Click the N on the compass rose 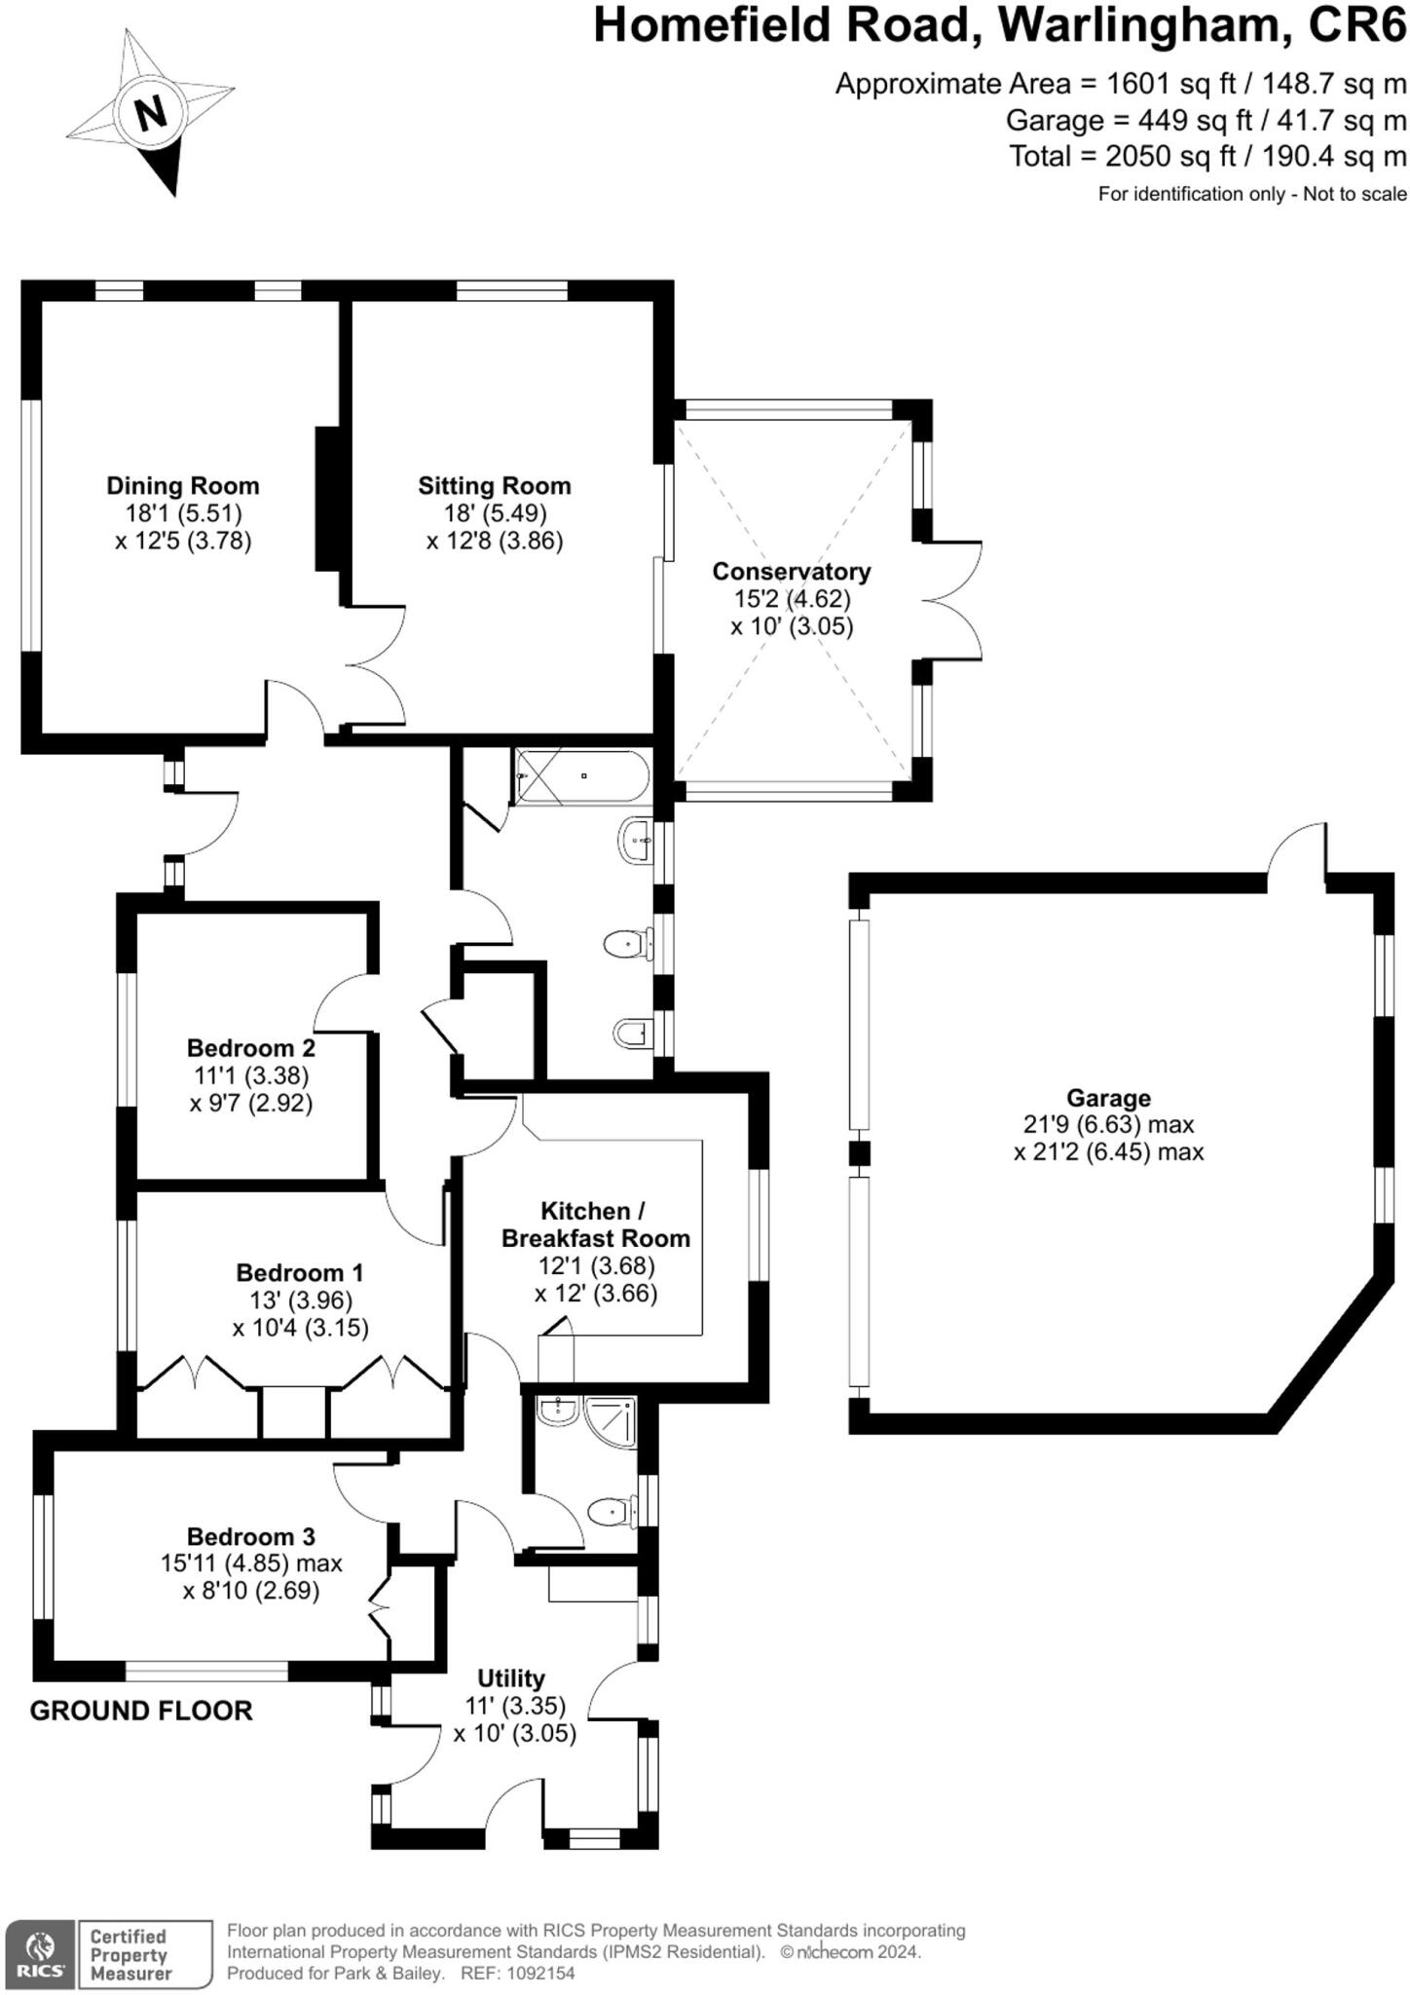pyautogui.click(x=151, y=115)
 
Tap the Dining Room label pyautogui.click(x=183, y=485)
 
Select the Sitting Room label pyautogui.click(x=495, y=485)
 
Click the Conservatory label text pyautogui.click(x=791, y=571)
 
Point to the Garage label pyautogui.click(x=1108, y=1098)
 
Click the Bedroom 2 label pyautogui.click(x=251, y=1048)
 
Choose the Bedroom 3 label pyautogui.click(x=251, y=1536)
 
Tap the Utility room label pyautogui.click(x=510, y=1678)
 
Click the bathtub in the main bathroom pyautogui.click(x=582, y=776)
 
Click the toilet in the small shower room pyautogui.click(x=611, y=1511)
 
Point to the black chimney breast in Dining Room pyautogui.click(x=327, y=499)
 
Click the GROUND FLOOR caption pyautogui.click(x=141, y=1711)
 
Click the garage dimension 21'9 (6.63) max pyautogui.click(x=1108, y=1125)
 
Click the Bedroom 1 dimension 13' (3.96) pyautogui.click(x=300, y=1300)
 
